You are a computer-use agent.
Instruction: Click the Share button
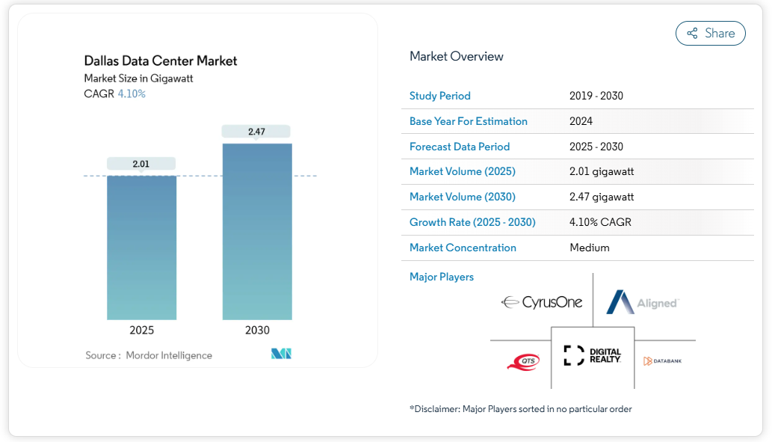point(710,33)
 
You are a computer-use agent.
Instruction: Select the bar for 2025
point(142,248)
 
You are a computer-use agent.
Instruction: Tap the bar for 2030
point(257,232)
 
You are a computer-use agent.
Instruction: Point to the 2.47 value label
point(256,132)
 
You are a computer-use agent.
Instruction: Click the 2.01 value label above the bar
point(141,164)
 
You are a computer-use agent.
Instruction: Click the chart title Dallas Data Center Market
point(161,61)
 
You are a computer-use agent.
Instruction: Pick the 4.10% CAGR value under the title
point(132,94)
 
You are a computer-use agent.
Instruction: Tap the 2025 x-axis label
point(142,330)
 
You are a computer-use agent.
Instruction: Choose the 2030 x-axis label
point(257,330)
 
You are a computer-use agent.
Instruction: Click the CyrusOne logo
point(542,303)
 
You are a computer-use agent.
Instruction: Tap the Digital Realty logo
point(593,356)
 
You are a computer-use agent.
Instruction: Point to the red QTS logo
point(523,362)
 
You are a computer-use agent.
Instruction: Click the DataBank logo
point(662,361)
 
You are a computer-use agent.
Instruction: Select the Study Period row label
point(440,96)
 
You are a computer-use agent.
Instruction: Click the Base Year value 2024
point(581,121)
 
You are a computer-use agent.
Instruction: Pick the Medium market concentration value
point(590,248)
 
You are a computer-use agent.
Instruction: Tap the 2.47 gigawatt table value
point(602,197)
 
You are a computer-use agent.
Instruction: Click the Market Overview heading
point(457,56)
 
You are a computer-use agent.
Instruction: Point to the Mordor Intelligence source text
point(169,355)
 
